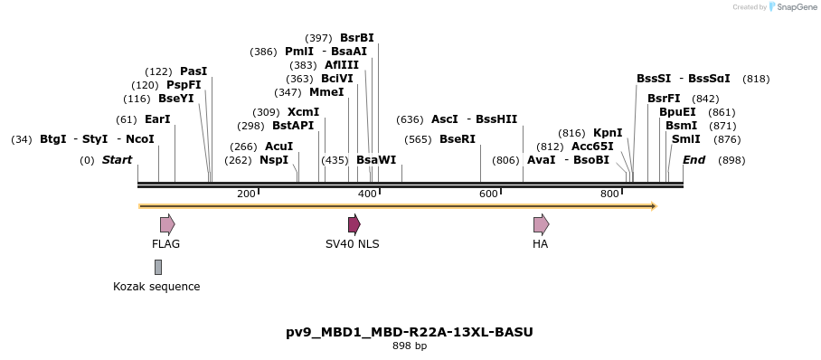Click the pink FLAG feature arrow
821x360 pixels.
point(167,224)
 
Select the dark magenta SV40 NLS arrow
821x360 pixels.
point(354,224)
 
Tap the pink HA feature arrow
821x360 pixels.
point(541,224)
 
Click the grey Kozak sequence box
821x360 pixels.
point(158,267)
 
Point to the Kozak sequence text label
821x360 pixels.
point(156,287)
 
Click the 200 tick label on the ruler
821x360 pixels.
point(246,194)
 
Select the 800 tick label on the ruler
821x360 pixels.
point(609,194)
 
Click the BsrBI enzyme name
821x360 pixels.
point(356,38)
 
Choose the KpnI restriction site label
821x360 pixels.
point(608,133)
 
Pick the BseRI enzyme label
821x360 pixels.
point(457,139)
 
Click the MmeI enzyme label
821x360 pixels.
point(326,92)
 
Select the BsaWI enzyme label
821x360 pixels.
point(376,160)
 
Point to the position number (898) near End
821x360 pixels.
point(731,160)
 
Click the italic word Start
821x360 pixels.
point(117,160)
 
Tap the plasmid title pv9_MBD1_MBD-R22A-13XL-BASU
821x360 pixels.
point(410,332)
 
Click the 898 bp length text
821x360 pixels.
point(410,346)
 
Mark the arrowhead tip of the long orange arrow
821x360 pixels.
point(655,206)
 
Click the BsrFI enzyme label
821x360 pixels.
point(664,99)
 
